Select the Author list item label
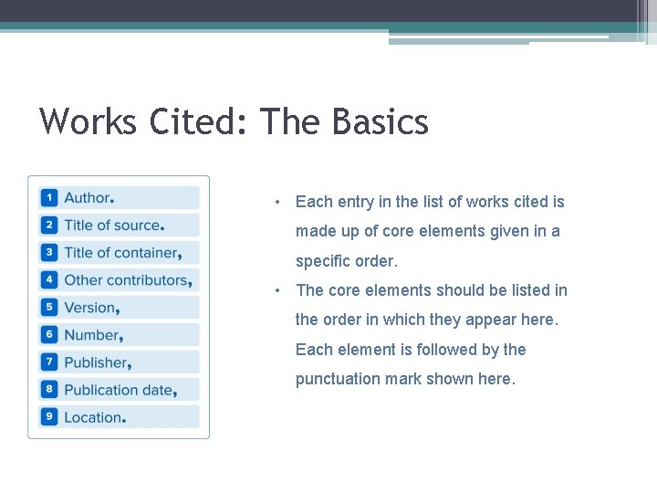[88, 198]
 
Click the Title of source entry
[112, 226]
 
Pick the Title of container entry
[121, 253]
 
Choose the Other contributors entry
[127, 280]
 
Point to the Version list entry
[90, 308]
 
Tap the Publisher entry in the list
[96, 362]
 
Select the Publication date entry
[119, 390]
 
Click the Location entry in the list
[93, 417]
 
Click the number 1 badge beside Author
[49, 198]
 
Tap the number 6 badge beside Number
[49, 335]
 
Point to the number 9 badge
[49, 417]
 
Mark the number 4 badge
[49, 280]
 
